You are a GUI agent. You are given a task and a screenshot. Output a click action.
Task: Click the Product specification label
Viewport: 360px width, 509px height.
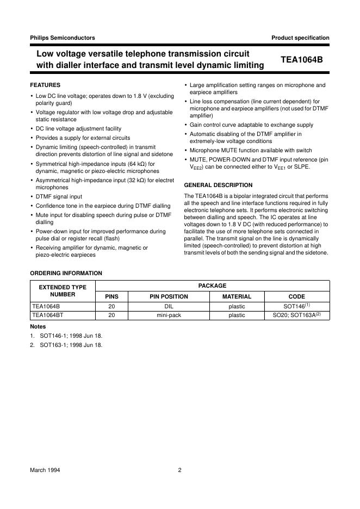click(300, 38)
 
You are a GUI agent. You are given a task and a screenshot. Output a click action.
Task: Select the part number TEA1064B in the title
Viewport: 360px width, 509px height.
click(301, 60)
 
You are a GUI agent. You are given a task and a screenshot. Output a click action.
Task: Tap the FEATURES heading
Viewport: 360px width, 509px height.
click(45, 85)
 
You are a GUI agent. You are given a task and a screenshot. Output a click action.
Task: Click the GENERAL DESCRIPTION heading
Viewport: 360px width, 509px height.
click(218, 185)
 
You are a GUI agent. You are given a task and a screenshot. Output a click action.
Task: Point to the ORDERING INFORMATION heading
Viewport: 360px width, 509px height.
click(66, 273)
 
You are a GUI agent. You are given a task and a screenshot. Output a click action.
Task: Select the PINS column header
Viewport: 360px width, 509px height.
click(111, 297)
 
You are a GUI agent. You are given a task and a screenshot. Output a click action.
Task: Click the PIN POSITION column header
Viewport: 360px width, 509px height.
click(169, 297)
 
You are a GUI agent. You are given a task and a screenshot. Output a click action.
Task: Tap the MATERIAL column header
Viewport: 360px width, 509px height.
click(237, 297)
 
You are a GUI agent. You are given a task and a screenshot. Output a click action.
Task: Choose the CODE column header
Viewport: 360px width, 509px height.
click(296, 297)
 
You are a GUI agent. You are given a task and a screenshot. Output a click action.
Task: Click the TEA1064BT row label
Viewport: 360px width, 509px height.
click(47, 315)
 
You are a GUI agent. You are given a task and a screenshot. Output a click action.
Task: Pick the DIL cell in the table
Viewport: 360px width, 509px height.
click(169, 307)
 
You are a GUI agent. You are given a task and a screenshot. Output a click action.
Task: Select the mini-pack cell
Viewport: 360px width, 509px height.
click(169, 315)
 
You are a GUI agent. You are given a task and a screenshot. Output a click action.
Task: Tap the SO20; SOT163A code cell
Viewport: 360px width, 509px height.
click(296, 315)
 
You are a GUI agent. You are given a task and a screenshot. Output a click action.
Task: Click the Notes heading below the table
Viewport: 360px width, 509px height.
click(38, 326)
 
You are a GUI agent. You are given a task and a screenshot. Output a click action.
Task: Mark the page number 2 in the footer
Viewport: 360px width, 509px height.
click(179, 471)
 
